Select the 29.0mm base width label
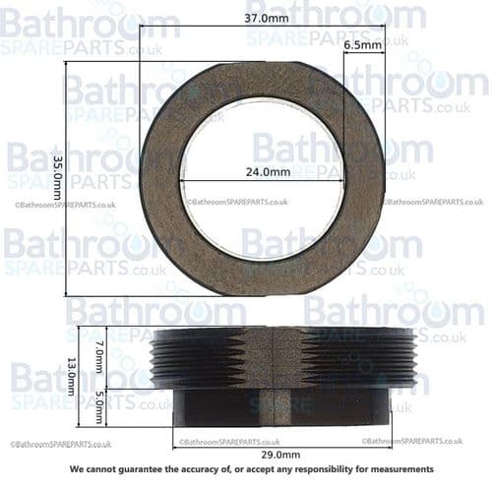click(279, 455)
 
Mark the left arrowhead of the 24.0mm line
click(183, 181)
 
